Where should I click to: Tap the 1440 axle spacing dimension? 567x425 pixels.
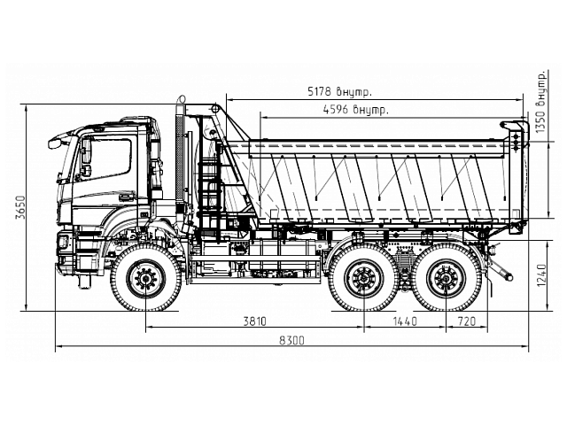pos(404,320)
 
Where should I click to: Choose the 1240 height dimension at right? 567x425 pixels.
pos(541,275)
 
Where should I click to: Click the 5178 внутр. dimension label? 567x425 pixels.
pos(338,91)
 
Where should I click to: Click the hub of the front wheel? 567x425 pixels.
pos(145,280)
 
